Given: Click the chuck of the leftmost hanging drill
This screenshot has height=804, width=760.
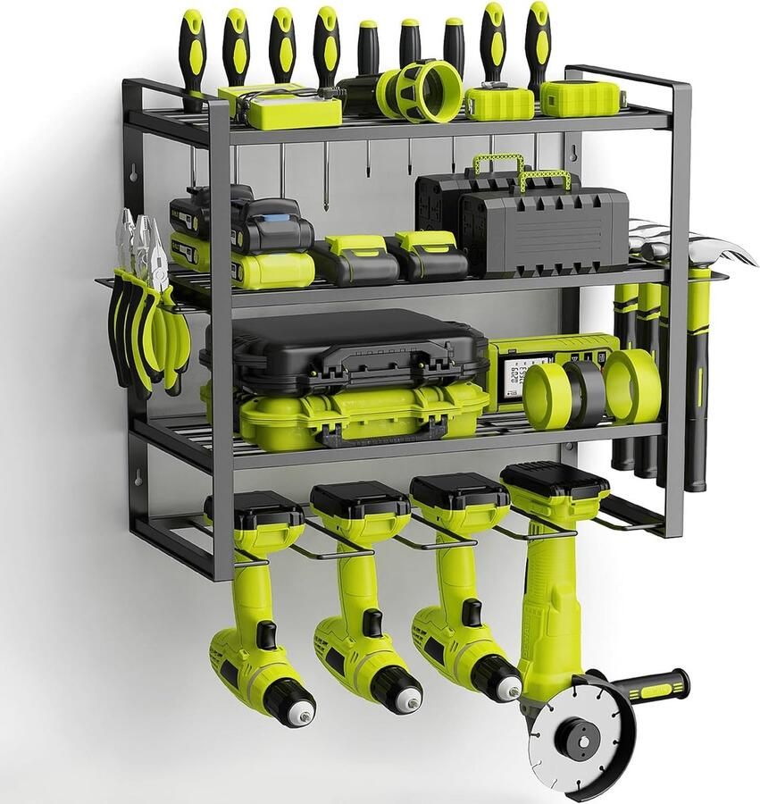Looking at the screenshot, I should (290, 702).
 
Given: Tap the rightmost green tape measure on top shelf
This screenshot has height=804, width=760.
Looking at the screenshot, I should (580, 98).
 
